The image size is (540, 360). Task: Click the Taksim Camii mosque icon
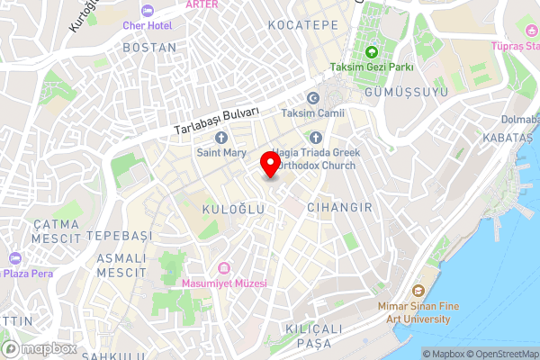[x=313, y=98]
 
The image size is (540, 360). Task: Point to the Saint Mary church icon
[x=221, y=138]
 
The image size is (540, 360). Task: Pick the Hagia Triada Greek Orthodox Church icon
[x=315, y=138]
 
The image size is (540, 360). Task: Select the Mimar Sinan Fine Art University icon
[x=418, y=291]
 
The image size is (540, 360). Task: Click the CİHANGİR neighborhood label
[x=339, y=208]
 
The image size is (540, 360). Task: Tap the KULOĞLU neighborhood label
[x=232, y=209]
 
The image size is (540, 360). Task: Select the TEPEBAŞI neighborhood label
[x=121, y=235]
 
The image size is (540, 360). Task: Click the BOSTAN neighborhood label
[x=148, y=47]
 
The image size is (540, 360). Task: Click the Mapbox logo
[x=39, y=348]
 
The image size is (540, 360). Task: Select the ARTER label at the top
[x=201, y=4]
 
